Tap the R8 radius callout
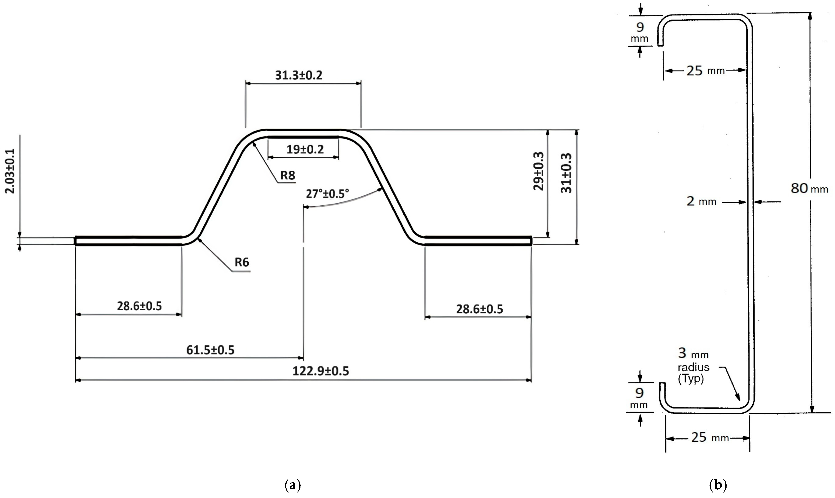287,175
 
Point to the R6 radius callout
242,262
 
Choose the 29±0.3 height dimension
538,171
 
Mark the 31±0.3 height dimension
566,173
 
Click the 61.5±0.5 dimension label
210,350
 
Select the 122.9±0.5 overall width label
321,371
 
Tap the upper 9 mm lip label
640,32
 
